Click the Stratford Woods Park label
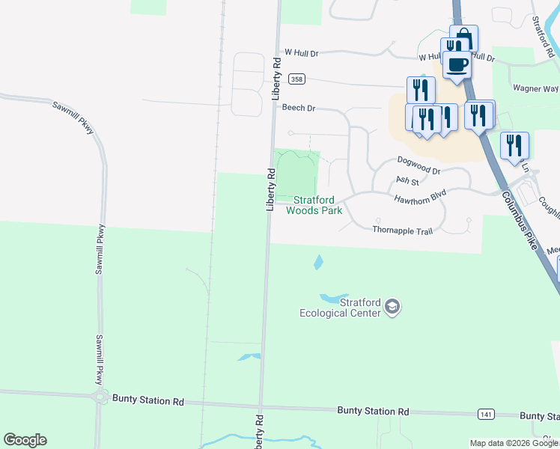pos(314,205)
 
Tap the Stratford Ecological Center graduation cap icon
pos(392,307)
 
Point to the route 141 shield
pos(486,414)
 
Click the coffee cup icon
pos(457,64)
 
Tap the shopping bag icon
pos(464,37)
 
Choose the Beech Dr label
pos(299,108)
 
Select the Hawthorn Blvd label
pos(419,194)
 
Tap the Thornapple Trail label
pos(403,230)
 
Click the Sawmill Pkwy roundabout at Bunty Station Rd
pos(99,398)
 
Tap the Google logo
pos(25,440)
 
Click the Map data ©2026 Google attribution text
pos(513,443)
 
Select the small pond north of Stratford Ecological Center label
pos(318,263)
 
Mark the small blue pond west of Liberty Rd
pos(249,357)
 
